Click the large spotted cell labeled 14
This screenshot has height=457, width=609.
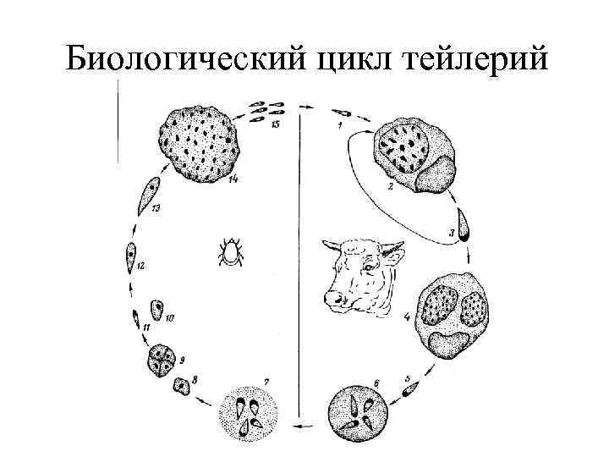pos(199,144)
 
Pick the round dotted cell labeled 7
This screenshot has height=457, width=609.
pos(249,411)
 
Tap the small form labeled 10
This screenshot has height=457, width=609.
pos(156,309)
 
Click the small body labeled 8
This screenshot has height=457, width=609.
pos(181,386)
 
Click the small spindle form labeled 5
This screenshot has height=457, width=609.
pos(411,388)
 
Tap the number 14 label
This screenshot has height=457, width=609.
pos(232,179)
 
